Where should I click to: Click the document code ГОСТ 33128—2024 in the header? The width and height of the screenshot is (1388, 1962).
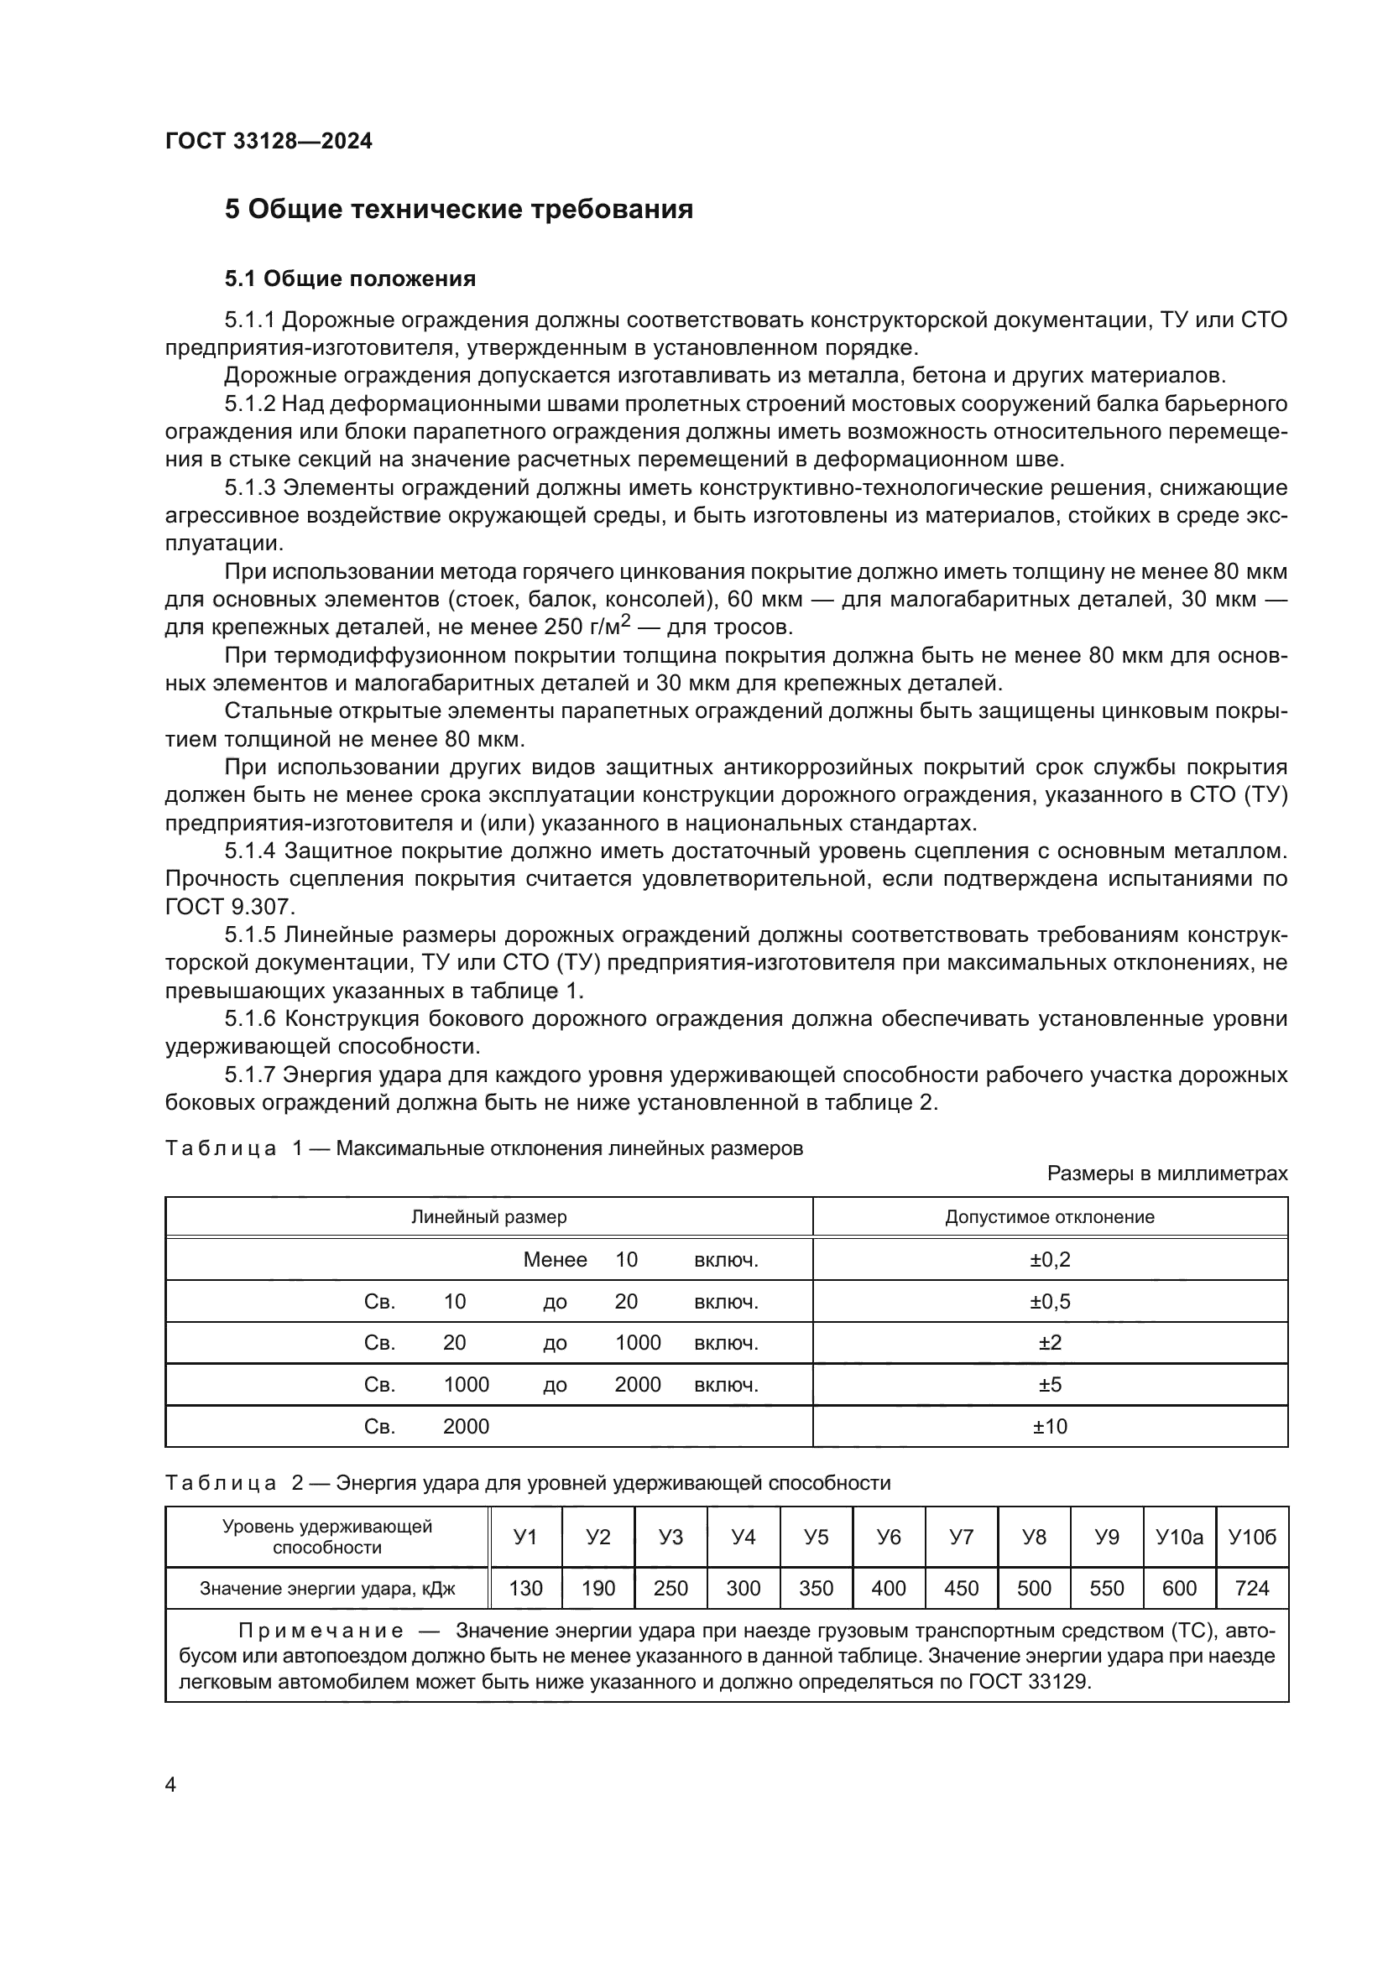pos(269,142)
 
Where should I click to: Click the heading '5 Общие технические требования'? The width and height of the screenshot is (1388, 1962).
pos(458,210)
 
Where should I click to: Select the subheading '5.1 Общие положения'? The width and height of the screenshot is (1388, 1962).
pos(350,278)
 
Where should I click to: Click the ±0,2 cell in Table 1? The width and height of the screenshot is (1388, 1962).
pos(1050,1260)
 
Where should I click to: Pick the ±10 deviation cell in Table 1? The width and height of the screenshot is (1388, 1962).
pos(1050,1426)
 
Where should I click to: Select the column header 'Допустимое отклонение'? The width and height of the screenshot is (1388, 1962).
pos(1050,1217)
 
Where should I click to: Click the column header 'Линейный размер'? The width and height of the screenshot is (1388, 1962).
pos(489,1217)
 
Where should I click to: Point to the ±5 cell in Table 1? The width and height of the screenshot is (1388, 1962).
pos(1050,1384)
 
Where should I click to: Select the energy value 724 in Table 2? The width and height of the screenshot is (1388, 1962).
pos(1252,1589)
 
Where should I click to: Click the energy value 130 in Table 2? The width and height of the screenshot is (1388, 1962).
pos(524,1589)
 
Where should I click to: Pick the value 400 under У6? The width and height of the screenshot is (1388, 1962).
pos(888,1589)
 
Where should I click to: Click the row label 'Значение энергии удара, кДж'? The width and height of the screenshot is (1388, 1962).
pos(327,1589)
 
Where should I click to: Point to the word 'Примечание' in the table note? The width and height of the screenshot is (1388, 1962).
pos(321,1632)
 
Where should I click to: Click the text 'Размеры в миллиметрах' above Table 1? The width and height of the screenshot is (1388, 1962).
pos(1166,1174)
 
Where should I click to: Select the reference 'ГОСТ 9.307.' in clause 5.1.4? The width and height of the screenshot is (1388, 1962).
pos(229,907)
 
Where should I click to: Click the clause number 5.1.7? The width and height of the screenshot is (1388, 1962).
pos(249,1075)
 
